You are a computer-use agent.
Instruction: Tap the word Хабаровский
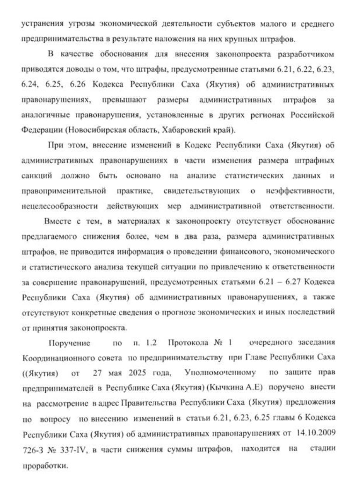(165, 130)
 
